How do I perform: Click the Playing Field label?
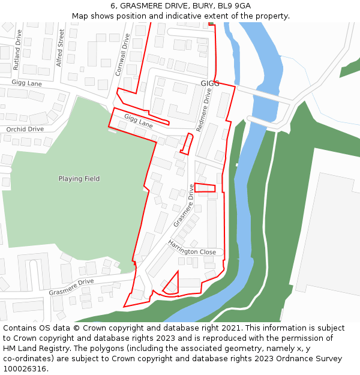click(x=79, y=179)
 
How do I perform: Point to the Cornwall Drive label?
click(x=122, y=54)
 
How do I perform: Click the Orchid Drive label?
click(x=25, y=129)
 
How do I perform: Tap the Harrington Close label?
click(x=192, y=248)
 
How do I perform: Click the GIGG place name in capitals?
click(x=210, y=83)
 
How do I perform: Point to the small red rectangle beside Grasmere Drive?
click(x=205, y=188)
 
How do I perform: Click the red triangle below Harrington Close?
click(x=172, y=284)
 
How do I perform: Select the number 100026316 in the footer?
click(x=24, y=368)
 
